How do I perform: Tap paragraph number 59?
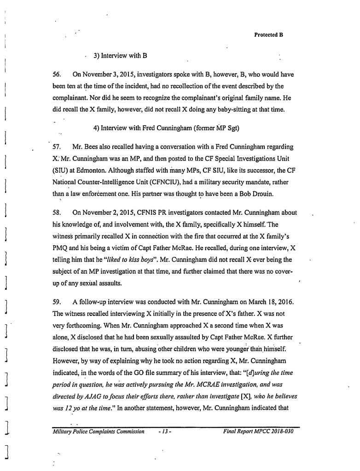[57, 304]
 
